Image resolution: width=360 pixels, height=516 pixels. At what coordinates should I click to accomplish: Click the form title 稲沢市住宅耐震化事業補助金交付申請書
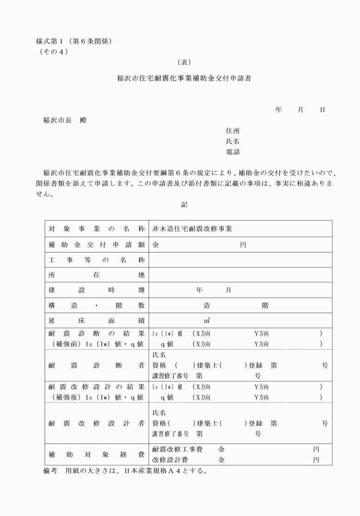[183, 79]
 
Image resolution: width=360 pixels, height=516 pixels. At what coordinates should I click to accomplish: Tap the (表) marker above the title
[183, 62]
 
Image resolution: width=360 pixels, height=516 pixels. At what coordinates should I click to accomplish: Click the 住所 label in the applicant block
[233, 131]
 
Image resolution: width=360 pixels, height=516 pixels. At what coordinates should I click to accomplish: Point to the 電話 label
[233, 152]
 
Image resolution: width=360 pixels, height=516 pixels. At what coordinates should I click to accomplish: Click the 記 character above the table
[183, 204]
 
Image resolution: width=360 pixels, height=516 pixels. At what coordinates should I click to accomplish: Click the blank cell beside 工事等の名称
[240, 260]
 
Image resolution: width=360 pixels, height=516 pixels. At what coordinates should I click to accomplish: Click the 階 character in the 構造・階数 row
[265, 306]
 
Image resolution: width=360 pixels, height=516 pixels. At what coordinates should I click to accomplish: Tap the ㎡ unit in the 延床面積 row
[206, 321]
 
